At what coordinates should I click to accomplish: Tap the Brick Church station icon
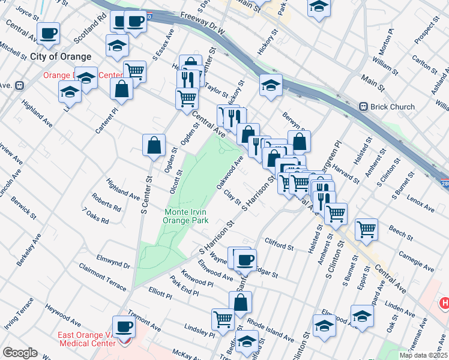[363, 107]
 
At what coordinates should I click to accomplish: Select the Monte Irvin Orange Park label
[185, 216]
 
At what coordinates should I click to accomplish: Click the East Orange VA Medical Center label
[87, 340]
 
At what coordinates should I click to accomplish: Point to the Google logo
[20, 353]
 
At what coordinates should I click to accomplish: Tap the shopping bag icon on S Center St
[154, 145]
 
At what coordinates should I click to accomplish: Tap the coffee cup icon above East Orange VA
[124, 327]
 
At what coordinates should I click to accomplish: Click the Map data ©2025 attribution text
[423, 355]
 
